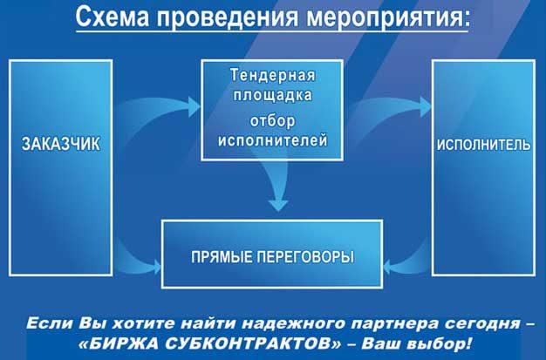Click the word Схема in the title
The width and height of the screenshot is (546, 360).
(x=113, y=17)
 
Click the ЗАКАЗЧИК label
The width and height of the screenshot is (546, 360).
(x=60, y=144)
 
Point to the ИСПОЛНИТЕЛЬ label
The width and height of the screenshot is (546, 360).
(x=484, y=145)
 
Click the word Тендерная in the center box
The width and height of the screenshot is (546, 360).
(x=272, y=75)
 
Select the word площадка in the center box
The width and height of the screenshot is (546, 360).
(x=272, y=95)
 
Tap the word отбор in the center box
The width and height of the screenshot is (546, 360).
(x=272, y=121)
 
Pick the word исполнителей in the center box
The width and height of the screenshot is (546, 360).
(x=272, y=140)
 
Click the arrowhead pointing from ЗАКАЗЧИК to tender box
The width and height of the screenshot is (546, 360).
(x=194, y=106)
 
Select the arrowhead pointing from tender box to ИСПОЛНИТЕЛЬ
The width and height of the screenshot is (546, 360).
(x=425, y=106)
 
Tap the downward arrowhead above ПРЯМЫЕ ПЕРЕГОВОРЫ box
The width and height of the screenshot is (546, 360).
(x=278, y=205)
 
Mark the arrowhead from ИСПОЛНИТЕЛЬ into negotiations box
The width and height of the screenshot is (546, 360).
(x=387, y=268)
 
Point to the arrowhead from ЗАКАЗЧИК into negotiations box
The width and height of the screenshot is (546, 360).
(x=157, y=268)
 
